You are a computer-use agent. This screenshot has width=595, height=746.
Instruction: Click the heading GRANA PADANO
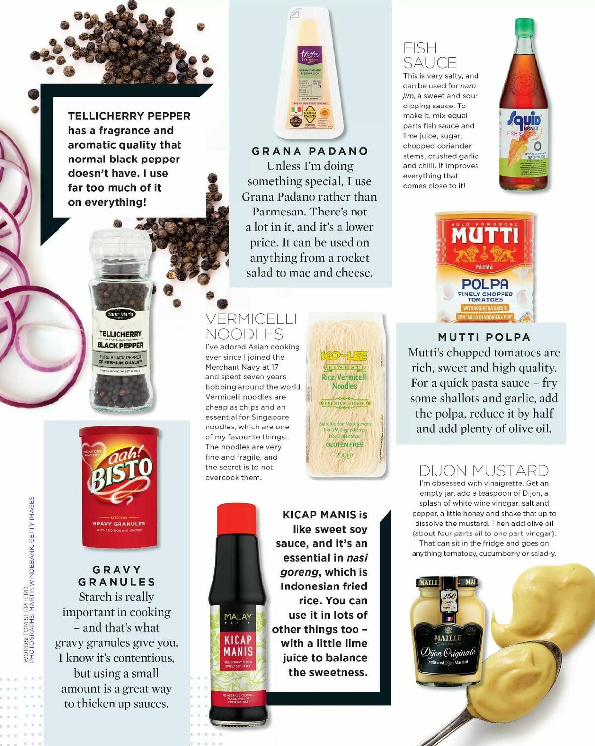coord(310,151)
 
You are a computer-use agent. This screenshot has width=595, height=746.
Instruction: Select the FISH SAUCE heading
coord(429,55)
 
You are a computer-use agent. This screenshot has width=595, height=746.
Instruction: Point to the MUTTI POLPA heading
coord(484,337)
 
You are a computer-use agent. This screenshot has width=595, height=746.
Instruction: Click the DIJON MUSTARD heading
coord(484,470)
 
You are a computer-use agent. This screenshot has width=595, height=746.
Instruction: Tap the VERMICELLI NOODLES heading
coord(251,326)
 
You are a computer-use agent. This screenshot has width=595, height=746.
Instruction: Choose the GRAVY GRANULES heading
coord(117,576)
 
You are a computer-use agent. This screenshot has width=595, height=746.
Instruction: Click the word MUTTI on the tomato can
coord(484,235)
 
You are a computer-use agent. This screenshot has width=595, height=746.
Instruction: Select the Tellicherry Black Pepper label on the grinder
coord(120,340)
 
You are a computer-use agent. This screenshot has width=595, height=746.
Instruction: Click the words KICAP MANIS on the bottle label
coord(238,645)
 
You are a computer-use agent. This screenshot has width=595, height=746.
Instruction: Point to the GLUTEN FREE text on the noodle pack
coord(344,445)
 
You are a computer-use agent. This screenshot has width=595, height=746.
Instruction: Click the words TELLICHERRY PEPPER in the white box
coord(129,116)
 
